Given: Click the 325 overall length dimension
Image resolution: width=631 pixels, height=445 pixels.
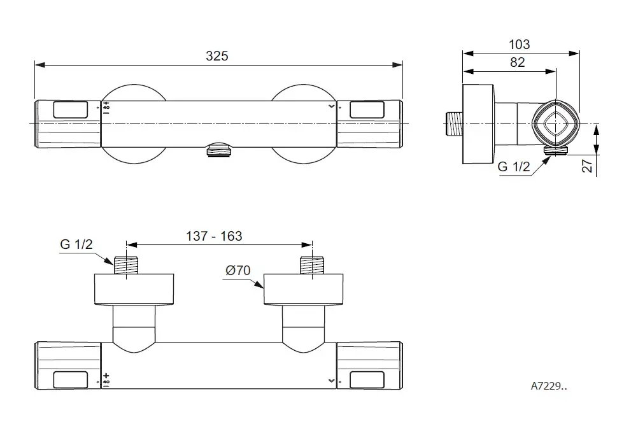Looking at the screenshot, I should click(x=216, y=55).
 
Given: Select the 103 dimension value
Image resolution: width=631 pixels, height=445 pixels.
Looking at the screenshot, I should click(x=519, y=45).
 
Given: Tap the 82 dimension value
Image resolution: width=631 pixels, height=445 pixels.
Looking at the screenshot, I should click(x=517, y=62).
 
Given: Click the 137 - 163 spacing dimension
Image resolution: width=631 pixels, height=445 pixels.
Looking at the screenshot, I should click(x=213, y=236).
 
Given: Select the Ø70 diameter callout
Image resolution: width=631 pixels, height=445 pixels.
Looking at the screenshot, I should click(x=238, y=271).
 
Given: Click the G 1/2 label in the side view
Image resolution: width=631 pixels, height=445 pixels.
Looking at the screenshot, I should click(x=513, y=167).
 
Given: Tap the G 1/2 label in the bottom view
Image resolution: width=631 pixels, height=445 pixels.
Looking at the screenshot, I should click(x=76, y=245).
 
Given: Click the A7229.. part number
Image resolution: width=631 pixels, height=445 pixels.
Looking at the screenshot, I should click(x=549, y=385).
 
